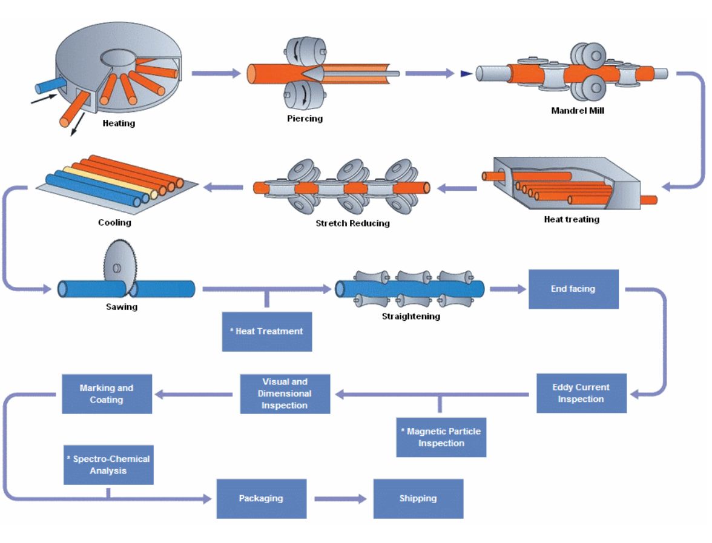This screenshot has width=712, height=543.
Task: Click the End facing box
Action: pos(573,289)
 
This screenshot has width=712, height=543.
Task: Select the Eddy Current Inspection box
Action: pos(581,393)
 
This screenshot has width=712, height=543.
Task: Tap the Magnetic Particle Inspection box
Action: pos(441,437)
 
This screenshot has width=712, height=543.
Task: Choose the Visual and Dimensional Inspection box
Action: pos(285,393)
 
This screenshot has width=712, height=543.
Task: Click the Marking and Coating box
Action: pos(107,394)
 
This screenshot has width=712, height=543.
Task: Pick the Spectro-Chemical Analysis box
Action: pos(108,465)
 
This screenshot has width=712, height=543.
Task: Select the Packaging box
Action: pos(261,499)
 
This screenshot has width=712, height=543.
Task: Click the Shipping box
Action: pos(418,499)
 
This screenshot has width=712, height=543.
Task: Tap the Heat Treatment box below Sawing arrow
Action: pos(267,331)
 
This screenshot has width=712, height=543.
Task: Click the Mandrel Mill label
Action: pos(577,111)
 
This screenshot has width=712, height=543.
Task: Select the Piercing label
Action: pos(305,119)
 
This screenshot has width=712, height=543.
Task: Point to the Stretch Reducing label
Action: pos(352,223)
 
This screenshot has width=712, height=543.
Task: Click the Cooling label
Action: pos(114,223)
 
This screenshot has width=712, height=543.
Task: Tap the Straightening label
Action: pos(410,317)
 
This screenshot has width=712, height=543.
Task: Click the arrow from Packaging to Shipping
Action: pos(341,499)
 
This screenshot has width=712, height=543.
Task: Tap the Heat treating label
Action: pos(571,220)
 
